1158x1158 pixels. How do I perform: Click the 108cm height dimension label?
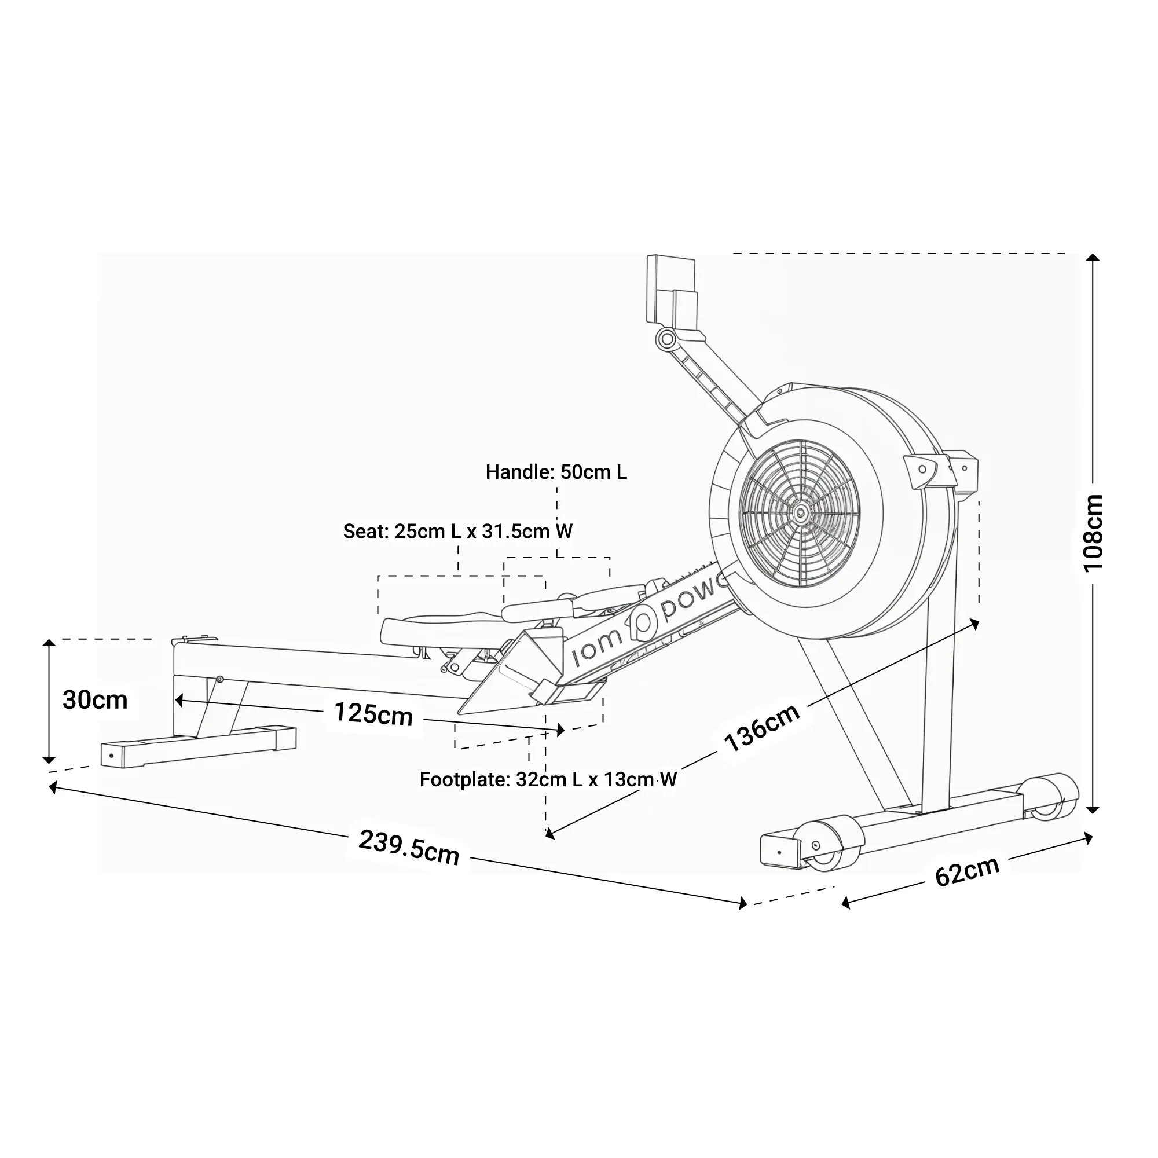pyautogui.click(x=1093, y=533)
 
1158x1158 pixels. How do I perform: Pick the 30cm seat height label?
pyautogui.click(x=95, y=700)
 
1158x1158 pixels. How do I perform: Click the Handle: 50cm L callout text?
pyautogui.click(x=556, y=472)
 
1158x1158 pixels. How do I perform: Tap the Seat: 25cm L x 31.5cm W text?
pyautogui.click(x=457, y=531)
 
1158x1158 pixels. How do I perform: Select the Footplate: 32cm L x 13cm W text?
pyautogui.click(x=548, y=780)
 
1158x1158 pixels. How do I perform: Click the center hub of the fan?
pyautogui.click(x=800, y=512)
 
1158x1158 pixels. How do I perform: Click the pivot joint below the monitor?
pyautogui.click(x=666, y=340)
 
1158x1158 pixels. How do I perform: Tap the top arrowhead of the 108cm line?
pyautogui.click(x=1093, y=258)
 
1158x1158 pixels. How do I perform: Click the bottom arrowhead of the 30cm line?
pyautogui.click(x=49, y=760)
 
